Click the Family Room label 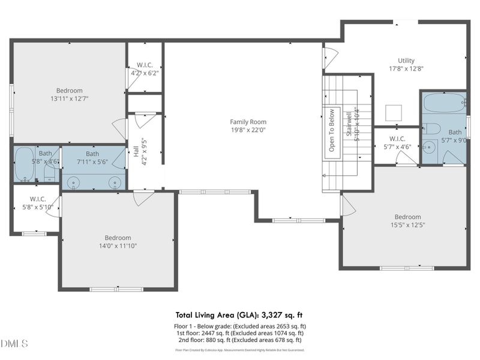[244, 122]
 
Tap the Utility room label [406, 61]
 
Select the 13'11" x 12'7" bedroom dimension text [70, 98]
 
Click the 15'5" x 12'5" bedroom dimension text [407, 225]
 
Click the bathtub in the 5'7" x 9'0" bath [443, 103]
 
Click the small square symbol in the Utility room [394, 113]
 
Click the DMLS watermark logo [14, 344]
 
